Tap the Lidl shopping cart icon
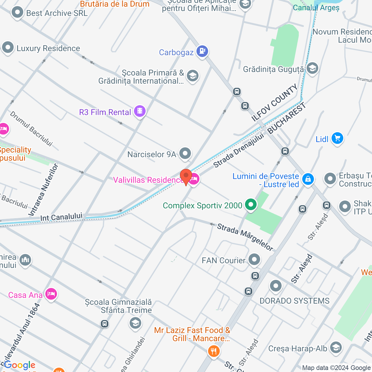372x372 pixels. pyautogui.click(x=337, y=138)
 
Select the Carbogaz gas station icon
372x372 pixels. pyautogui.click(x=202, y=51)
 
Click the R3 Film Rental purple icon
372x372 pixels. pyautogui.click(x=140, y=111)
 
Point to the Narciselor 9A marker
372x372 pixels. pyautogui.click(x=185, y=153)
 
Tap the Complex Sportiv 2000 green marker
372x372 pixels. pyautogui.click(x=251, y=205)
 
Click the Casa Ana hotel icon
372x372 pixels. pyautogui.click(x=51, y=294)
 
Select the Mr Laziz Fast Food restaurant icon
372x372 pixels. pyautogui.click(x=214, y=351)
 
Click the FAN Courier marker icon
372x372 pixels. pyautogui.click(x=254, y=260)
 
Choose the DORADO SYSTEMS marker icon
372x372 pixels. pyautogui.click(x=276, y=286)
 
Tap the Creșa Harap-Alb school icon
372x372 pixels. pyautogui.click(x=336, y=348)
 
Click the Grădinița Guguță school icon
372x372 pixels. pyautogui.click(x=312, y=69)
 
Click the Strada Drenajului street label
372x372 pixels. pyautogui.click(x=239, y=151)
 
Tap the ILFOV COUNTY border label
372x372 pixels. pyautogui.click(x=275, y=103)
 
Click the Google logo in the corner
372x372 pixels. pyautogui.click(x=20, y=365)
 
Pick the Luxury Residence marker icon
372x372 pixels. pyautogui.click(x=8, y=48)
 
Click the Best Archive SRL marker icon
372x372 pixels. pyautogui.click(x=17, y=12)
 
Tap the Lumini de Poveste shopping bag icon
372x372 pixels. pyautogui.click(x=308, y=179)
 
